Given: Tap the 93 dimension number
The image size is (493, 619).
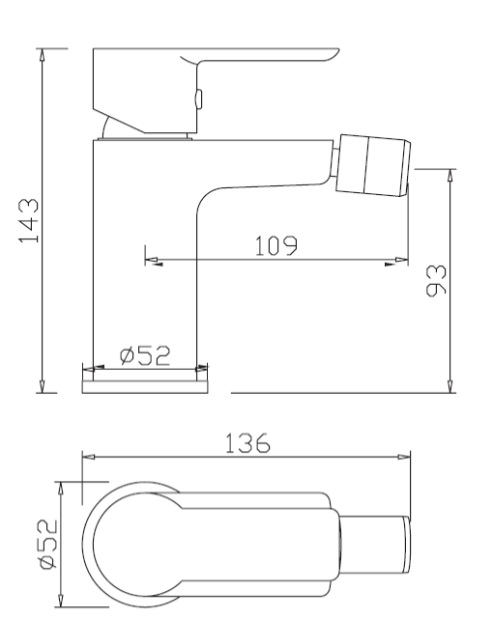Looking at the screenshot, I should point(436,279).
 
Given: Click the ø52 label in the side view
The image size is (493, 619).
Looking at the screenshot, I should point(145,355).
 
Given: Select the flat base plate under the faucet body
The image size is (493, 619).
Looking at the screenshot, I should point(145,385).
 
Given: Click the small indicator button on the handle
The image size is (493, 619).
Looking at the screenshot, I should point(198,98).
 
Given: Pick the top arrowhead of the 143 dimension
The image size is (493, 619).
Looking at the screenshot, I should point(41,54).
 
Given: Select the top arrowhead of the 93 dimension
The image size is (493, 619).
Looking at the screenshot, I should point(451,176).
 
